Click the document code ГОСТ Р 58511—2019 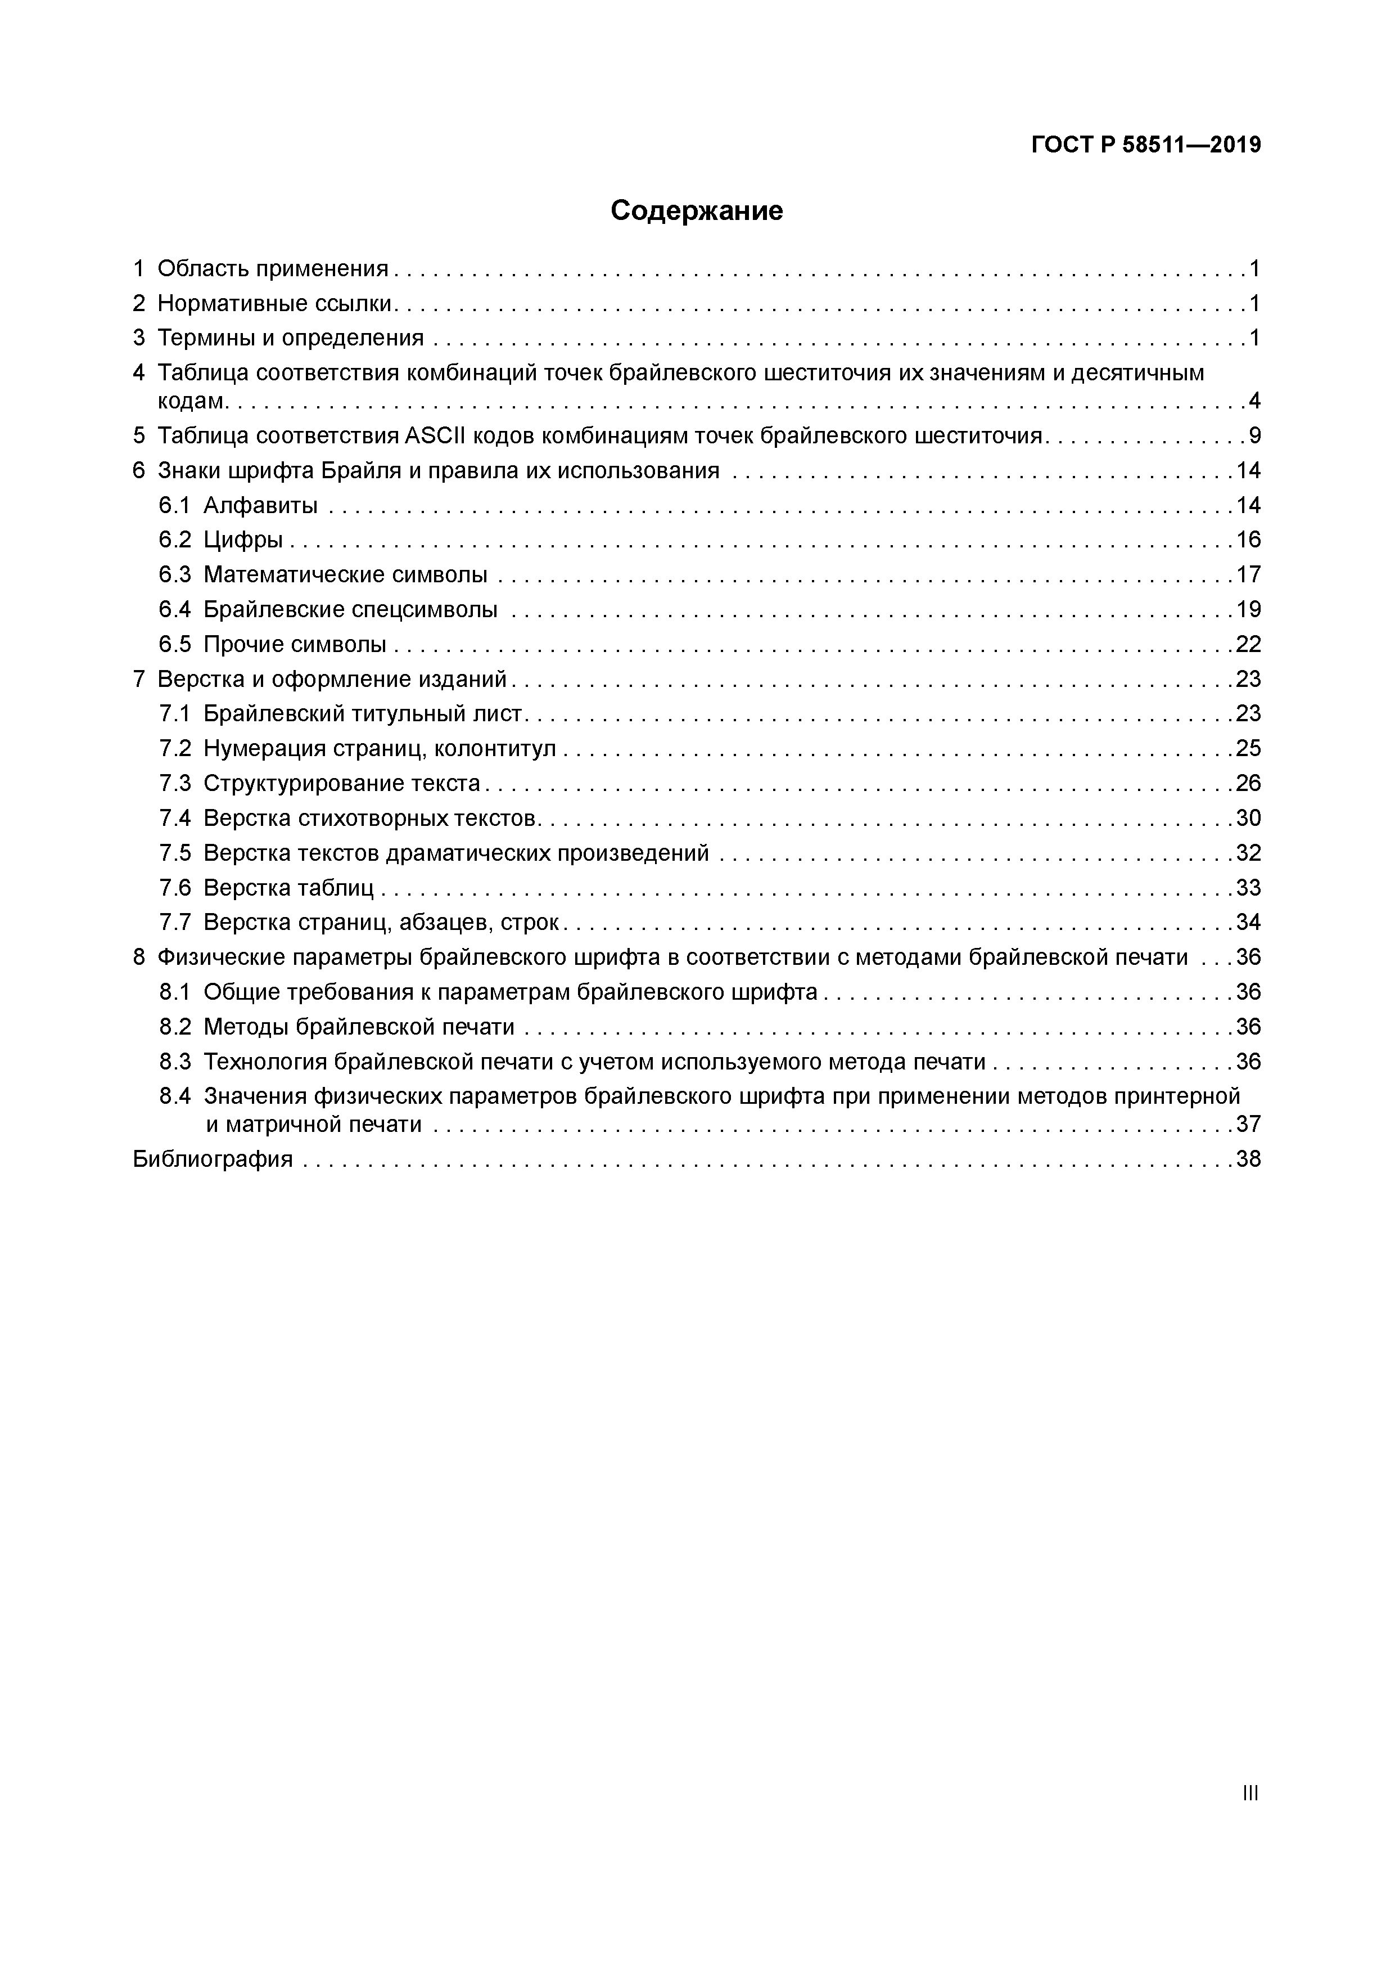pos(1146,145)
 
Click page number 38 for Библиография pos(1248,1159)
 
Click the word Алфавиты pos(260,505)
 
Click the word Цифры pos(243,540)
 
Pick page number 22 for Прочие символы pos(1248,645)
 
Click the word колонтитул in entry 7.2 pos(495,748)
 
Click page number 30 pos(1248,818)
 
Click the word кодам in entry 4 pos(191,401)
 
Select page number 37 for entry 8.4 pos(1248,1124)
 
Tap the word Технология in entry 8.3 pos(265,1062)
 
